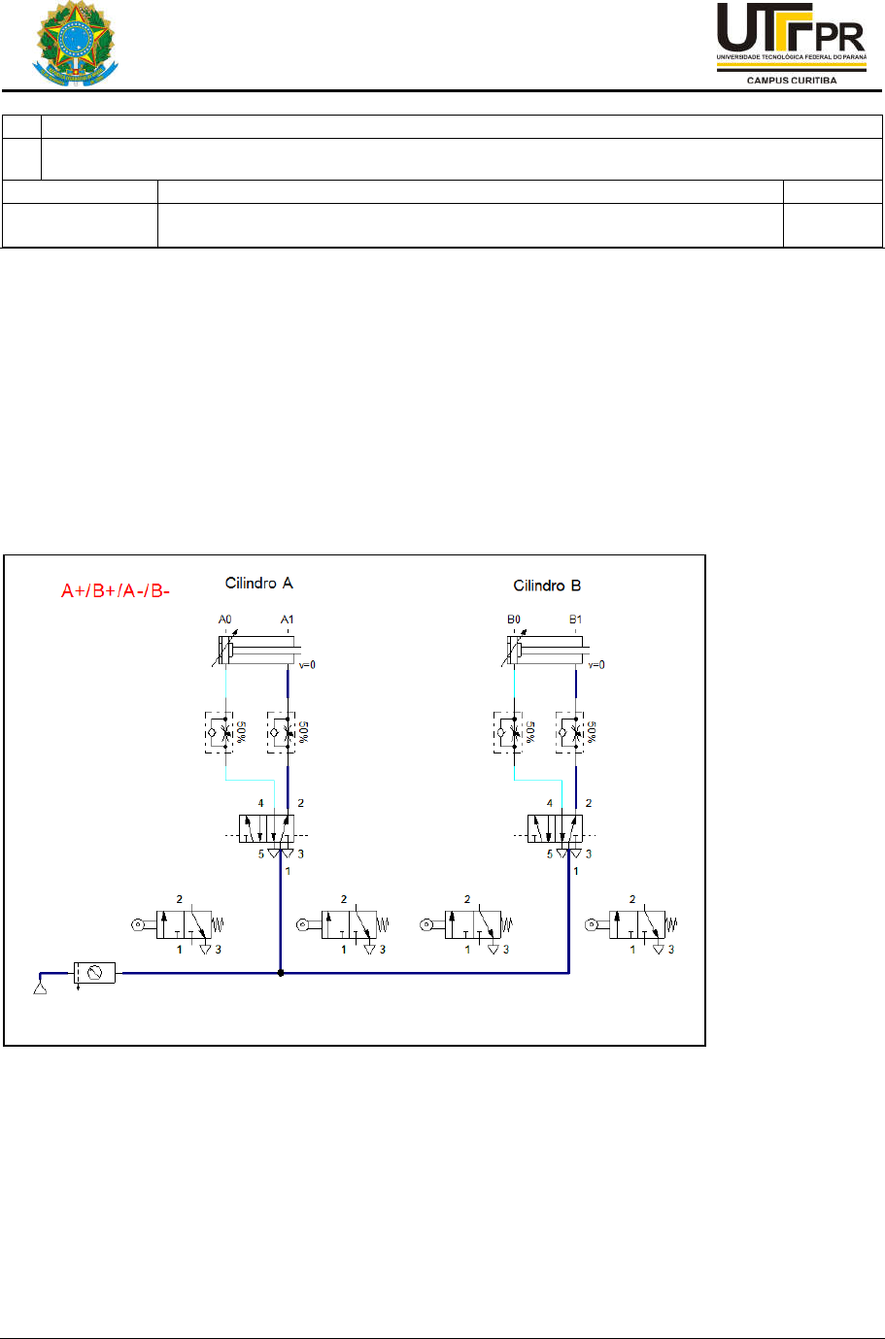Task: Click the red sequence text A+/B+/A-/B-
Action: point(116,590)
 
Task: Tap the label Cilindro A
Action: point(258,583)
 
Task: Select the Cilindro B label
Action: point(547,586)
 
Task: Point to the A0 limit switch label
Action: point(225,619)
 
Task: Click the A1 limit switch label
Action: point(288,619)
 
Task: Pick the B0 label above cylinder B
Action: point(514,619)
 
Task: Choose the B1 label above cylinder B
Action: point(576,619)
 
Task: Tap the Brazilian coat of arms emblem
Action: point(75,45)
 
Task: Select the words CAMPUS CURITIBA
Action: point(791,81)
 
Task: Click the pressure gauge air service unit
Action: point(94,972)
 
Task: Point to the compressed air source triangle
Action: point(41,988)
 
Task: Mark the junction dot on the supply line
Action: point(281,972)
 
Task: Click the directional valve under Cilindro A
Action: point(266,828)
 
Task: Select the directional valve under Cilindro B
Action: point(555,828)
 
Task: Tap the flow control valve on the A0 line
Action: point(220,732)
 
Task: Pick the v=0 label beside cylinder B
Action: point(596,665)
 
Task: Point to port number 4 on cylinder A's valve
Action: point(260,803)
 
